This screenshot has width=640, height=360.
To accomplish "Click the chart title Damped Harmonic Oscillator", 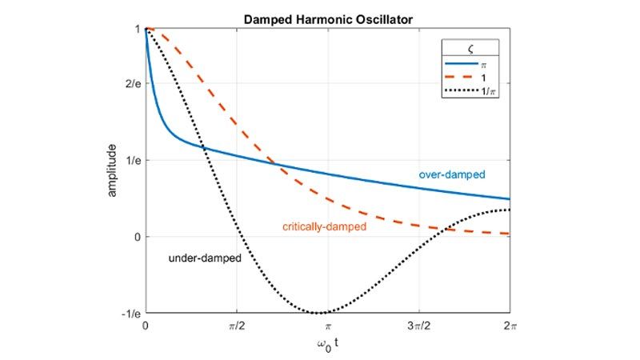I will pyautogui.click(x=327, y=18).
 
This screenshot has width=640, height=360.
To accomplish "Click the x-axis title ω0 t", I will pyautogui.click(x=327, y=345).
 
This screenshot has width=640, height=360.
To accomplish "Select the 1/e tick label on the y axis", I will pyautogui.click(x=131, y=161).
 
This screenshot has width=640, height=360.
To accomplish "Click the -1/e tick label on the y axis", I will pyautogui.click(x=130, y=313).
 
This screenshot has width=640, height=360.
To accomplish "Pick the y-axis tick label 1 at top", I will pyautogui.click(x=138, y=30).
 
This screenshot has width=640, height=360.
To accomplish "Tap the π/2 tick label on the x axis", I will pyautogui.click(x=236, y=326).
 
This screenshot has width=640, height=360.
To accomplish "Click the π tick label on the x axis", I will pyautogui.click(x=327, y=326).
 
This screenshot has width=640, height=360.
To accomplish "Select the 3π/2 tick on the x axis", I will pyautogui.click(x=418, y=326).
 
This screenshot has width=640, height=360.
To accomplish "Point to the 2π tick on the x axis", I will pyautogui.click(x=509, y=326).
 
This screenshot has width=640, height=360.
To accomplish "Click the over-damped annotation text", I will pyautogui.click(x=452, y=174).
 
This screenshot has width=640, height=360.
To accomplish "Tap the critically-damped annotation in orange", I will pyautogui.click(x=324, y=227).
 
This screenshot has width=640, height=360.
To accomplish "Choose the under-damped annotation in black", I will pyautogui.click(x=205, y=259).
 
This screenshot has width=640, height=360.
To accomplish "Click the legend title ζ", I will pyautogui.click(x=472, y=48).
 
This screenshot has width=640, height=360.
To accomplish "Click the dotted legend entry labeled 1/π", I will pyautogui.click(x=472, y=91).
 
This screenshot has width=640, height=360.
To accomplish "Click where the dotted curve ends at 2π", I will pyautogui.click(x=509, y=210).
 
